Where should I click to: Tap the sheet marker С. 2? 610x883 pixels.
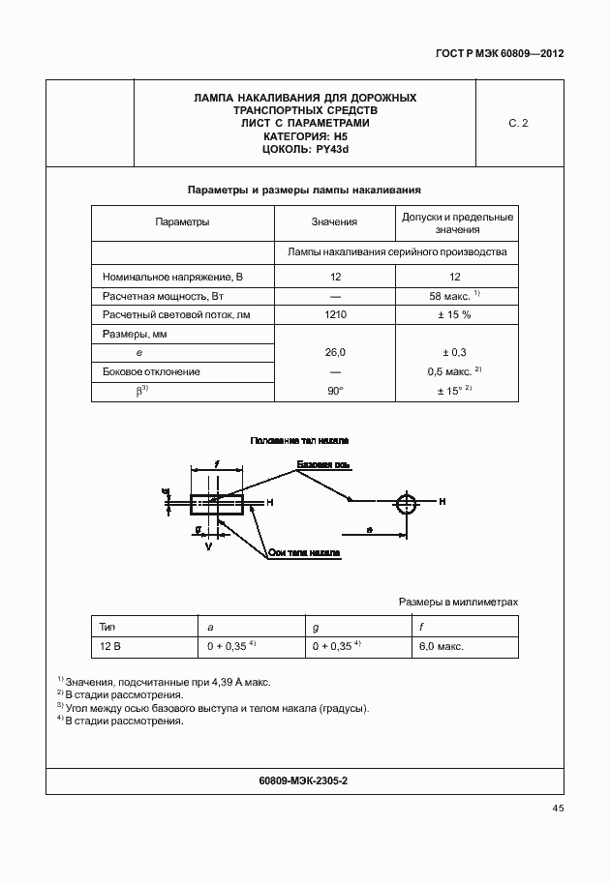pyautogui.click(x=518, y=124)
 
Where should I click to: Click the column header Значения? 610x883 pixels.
pyautogui.click(x=334, y=221)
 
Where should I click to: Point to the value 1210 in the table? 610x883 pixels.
pyautogui.click(x=335, y=314)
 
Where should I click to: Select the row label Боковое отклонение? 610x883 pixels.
pyautogui.click(x=145, y=371)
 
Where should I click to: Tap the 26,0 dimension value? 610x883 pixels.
pyautogui.click(x=335, y=353)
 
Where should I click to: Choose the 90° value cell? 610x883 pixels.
pyautogui.click(x=335, y=391)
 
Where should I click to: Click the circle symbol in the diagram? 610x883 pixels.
pyautogui.click(x=408, y=502)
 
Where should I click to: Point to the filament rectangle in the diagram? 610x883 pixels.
pyautogui.click(x=218, y=502)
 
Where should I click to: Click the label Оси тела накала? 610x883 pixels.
pyautogui.click(x=304, y=553)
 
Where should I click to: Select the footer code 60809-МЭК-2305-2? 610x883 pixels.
pyautogui.click(x=304, y=780)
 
